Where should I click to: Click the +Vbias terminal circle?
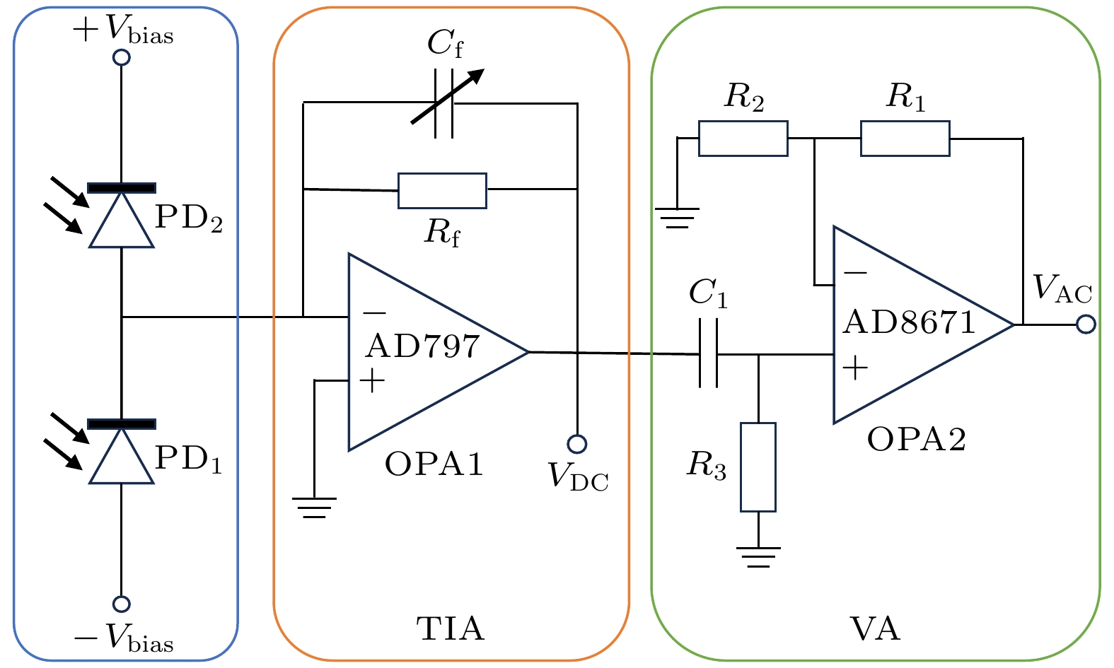pyautogui.click(x=122, y=57)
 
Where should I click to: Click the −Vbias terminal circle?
pyautogui.click(x=122, y=604)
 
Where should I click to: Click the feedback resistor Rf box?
pyautogui.click(x=442, y=190)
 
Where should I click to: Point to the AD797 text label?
pyautogui.click(x=422, y=346)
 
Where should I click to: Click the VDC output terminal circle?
pyautogui.click(x=577, y=444)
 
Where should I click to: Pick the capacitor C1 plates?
pyautogui.click(x=708, y=353)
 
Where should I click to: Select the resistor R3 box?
pyautogui.click(x=758, y=467)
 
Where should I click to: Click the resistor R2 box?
pyautogui.click(x=743, y=138)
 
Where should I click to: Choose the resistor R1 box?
pyautogui.click(x=905, y=138)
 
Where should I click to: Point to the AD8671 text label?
pyautogui.click(x=909, y=322)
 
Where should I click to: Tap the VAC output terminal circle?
pyautogui.click(x=1086, y=324)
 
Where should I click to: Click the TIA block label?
pyautogui.click(x=451, y=628)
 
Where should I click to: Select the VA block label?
pyautogui.click(x=875, y=628)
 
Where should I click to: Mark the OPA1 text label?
pyautogui.click(x=434, y=464)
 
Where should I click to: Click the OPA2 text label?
pyautogui.click(x=917, y=440)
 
